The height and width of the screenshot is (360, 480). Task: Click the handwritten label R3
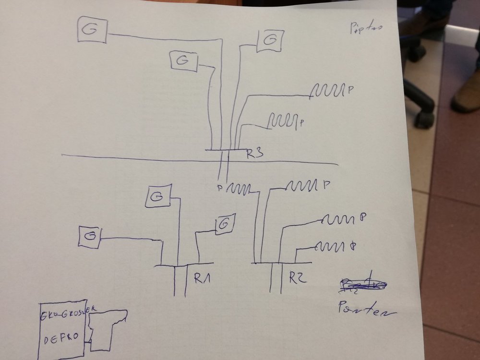(x=255, y=154)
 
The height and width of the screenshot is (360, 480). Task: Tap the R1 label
(x=203, y=278)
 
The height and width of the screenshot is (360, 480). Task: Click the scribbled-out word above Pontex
(x=362, y=285)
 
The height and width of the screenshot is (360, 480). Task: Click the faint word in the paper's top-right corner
(x=366, y=28)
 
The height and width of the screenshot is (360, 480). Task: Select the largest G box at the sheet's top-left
(x=93, y=30)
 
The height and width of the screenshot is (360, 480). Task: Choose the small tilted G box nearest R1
(x=224, y=224)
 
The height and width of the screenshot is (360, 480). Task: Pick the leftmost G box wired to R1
(x=90, y=237)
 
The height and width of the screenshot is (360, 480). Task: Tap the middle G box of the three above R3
(x=184, y=61)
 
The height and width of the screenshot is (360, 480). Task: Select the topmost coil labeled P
(x=328, y=90)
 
